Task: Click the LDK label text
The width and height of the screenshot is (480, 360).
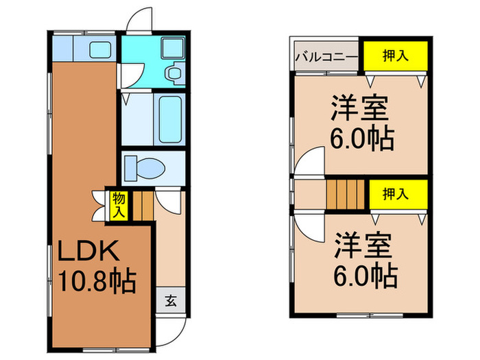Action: (89, 252)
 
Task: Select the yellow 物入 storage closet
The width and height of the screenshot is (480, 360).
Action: (118, 206)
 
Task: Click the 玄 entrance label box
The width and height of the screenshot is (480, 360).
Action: (169, 299)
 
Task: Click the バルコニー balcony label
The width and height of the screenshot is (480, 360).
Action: (325, 57)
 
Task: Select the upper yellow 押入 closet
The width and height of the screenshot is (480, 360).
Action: (395, 55)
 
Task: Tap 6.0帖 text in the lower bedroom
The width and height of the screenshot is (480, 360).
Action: (363, 276)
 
